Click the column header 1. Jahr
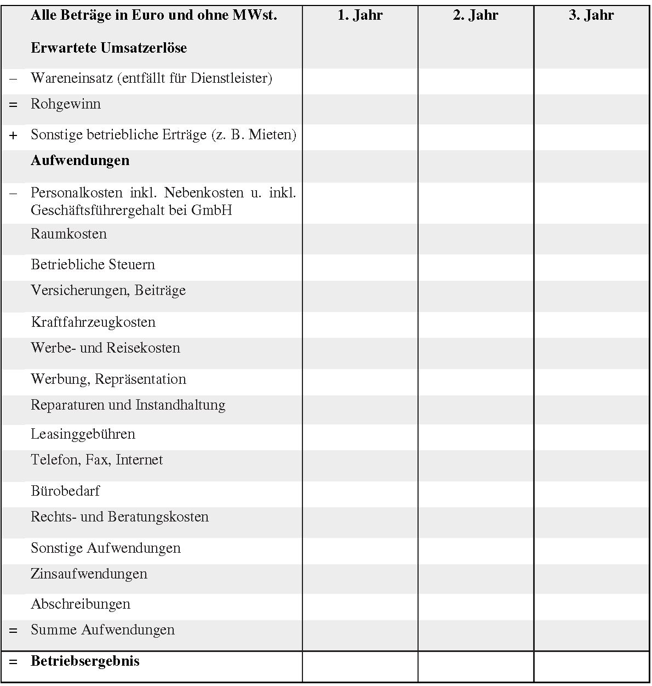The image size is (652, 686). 360,15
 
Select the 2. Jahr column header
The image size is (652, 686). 476,15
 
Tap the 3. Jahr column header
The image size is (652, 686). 591,15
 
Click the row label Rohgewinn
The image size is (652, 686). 66,104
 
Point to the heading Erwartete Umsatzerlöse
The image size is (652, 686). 108,48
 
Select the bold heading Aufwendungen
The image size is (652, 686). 80,161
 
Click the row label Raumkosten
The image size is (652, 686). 68,234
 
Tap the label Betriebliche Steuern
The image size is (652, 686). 93,265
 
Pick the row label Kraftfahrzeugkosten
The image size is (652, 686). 93,322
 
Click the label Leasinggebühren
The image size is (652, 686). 83,434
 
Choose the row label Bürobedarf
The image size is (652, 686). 65,491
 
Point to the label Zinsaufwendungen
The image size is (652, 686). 89,574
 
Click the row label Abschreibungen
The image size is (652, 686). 81,604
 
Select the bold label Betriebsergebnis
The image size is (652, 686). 85,661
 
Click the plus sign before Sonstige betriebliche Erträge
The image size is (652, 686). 13,135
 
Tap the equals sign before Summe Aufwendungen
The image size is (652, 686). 13,631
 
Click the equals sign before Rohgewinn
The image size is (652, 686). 13,105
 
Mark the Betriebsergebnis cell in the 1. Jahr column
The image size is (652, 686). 360,666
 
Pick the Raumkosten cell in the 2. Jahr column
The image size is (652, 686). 476,239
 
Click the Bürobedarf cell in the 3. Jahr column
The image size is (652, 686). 591,494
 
